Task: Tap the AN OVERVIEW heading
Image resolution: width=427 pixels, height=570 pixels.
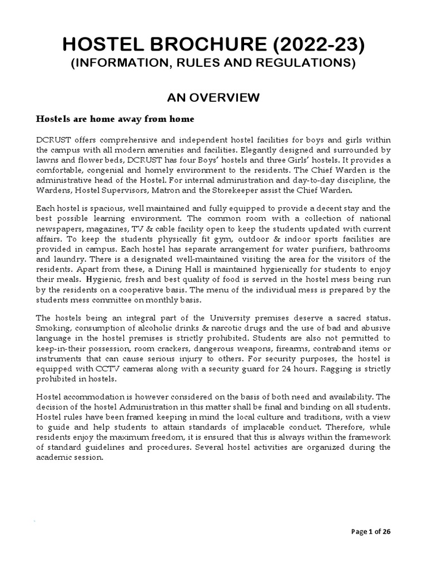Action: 213,98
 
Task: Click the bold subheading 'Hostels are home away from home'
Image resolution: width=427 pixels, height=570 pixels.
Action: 115,119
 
